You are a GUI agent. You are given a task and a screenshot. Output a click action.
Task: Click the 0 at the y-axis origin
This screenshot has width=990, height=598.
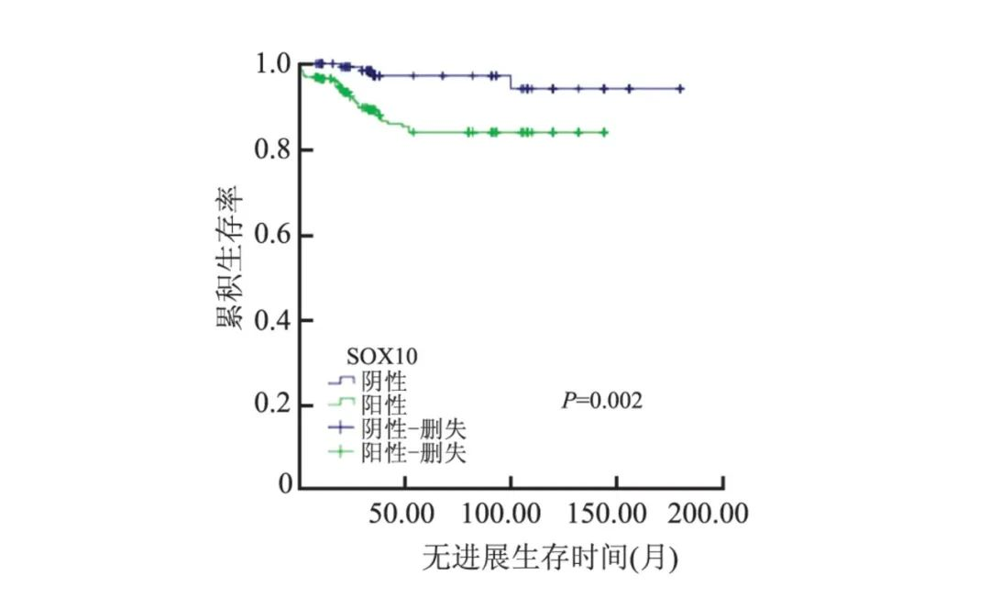pos(284,484)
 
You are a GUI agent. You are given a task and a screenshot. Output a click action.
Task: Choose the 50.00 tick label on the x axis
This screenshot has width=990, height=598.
pos(405,514)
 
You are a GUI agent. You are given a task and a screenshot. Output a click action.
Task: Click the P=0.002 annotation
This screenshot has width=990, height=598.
pos(602,401)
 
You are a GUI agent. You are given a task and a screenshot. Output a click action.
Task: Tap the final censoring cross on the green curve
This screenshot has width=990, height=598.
pos(603,132)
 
